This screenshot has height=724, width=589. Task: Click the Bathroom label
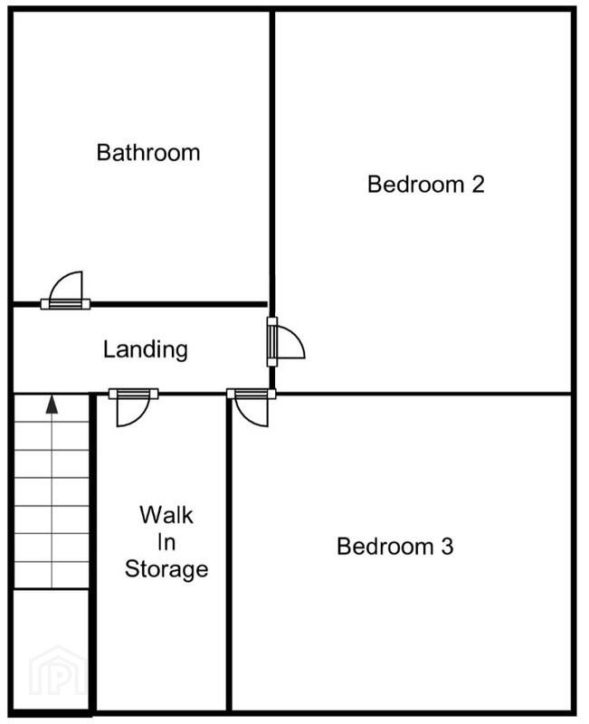point(148,153)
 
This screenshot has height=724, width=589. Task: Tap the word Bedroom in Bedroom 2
point(415,185)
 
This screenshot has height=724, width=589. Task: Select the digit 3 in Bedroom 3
point(447,547)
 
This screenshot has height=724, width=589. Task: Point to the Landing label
point(146,350)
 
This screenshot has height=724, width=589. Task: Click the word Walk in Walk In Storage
point(166,515)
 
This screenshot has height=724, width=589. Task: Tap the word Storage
point(166,569)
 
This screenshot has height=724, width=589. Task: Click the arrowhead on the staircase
point(52,404)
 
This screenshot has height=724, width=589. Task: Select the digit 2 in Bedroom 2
point(478,185)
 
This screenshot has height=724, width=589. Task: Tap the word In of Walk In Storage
point(166,542)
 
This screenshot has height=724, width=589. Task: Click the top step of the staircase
point(52,408)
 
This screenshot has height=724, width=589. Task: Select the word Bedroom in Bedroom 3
point(385,547)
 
